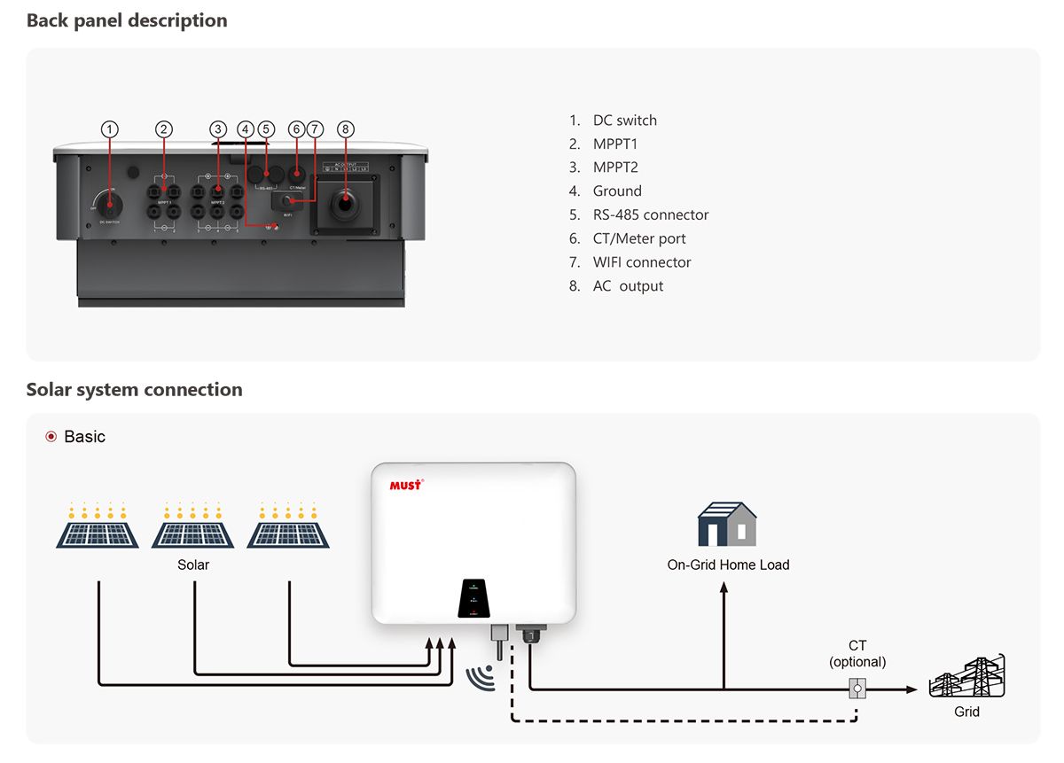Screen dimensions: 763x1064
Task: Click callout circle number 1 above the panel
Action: click(109, 129)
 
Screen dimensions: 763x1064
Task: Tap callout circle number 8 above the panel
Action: click(345, 129)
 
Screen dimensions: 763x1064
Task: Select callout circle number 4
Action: click(246, 129)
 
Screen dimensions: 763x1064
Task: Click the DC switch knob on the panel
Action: click(110, 205)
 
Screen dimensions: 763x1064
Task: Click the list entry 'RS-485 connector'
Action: click(650, 214)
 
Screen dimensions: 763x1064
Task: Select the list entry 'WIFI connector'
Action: click(641, 262)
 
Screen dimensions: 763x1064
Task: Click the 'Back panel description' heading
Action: click(127, 20)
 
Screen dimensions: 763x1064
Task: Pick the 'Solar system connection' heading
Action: click(134, 390)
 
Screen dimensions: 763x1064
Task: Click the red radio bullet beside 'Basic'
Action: click(51, 437)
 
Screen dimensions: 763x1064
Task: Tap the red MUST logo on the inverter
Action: click(406, 485)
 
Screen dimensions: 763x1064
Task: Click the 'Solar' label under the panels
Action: click(193, 564)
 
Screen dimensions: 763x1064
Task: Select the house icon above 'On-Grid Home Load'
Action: click(727, 525)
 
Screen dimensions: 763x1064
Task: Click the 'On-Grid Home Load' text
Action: click(728, 564)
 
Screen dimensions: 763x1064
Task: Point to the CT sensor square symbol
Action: click(857, 688)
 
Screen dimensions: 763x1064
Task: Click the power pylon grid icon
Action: click(966, 678)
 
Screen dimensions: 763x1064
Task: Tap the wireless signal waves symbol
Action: click(479, 678)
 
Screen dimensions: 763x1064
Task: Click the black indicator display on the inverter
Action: click(473, 599)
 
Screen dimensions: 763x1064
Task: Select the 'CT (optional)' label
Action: click(857, 654)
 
